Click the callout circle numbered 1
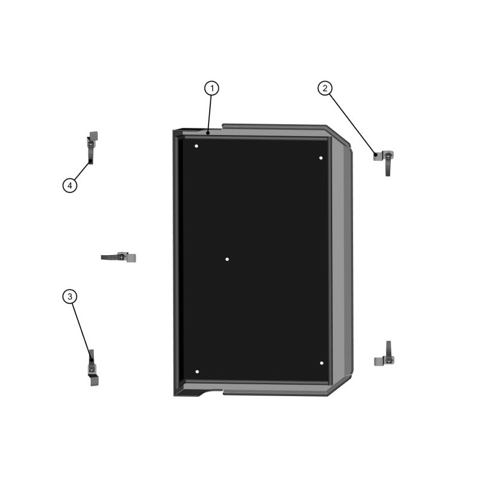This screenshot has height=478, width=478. tap(212, 88)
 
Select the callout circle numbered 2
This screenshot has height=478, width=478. tap(325, 88)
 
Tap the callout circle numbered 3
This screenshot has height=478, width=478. tap(70, 296)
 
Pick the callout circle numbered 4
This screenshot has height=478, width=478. tap(70, 185)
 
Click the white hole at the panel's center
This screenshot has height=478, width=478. tap(227, 259)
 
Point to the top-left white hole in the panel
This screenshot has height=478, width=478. tap(197, 146)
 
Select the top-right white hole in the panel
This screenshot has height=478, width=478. tap(321, 158)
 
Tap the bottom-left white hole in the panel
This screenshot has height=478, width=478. tap(197, 372)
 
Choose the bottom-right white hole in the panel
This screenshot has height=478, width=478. tap(321, 363)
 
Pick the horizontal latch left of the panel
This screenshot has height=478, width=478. tap(119, 258)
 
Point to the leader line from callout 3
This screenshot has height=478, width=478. tap(82, 332)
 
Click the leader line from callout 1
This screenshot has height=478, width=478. tap(210, 114)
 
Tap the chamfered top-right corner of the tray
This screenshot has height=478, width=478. tap(339, 136)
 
